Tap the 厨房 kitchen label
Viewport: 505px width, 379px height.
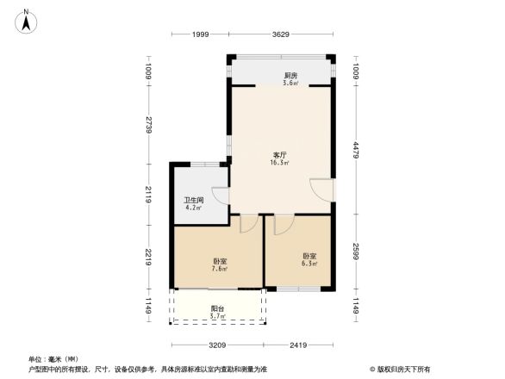[x=291, y=76]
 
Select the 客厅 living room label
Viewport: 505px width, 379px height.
[x=279, y=154]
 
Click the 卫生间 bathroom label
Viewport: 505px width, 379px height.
[x=193, y=200]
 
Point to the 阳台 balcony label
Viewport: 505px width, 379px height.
[x=218, y=308]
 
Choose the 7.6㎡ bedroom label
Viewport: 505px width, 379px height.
[x=219, y=261]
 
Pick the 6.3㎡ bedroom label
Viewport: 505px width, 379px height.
[x=309, y=256]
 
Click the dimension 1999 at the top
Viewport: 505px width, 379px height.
[x=200, y=34]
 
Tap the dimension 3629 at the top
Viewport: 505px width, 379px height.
[x=280, y=34]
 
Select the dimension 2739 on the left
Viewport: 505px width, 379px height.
[x=149, y=125]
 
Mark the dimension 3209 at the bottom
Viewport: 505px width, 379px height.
[x=217, y=345]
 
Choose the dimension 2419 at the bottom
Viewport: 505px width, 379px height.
[x=298, y=345]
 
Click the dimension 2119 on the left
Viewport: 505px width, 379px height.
[x=149, y=195]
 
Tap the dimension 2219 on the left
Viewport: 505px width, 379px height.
[x=149, y=257]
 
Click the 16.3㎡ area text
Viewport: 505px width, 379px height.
[x=279, y=162]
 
